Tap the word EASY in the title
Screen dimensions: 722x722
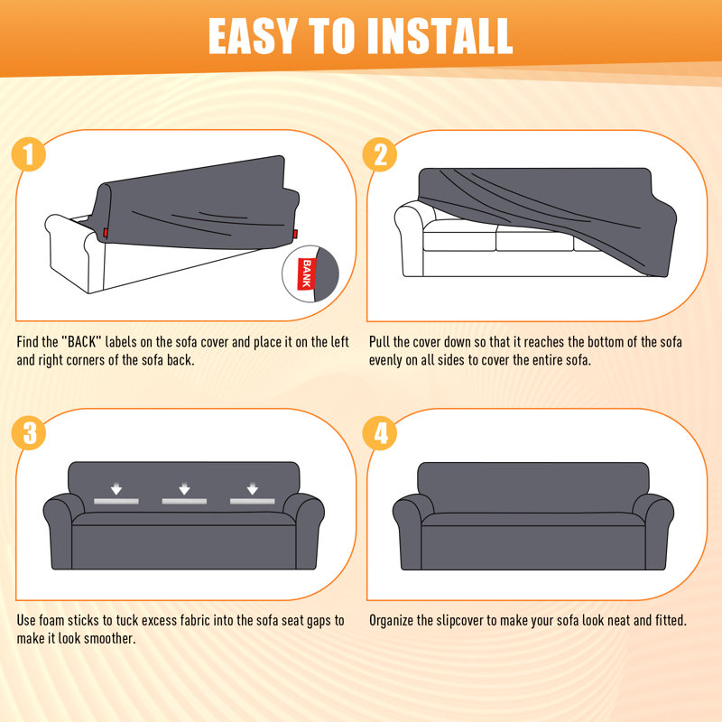252,36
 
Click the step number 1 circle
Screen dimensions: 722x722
29,154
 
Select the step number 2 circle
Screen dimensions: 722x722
379,154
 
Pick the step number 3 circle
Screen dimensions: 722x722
29,433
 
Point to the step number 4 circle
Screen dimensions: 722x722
379,433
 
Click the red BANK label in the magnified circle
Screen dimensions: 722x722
307,274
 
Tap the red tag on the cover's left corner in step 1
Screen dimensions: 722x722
106,233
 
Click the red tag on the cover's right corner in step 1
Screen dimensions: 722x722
295,234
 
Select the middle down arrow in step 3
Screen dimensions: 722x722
184,488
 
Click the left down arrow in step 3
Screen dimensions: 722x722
116,488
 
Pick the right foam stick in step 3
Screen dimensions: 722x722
253,501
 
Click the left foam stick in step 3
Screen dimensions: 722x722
116,501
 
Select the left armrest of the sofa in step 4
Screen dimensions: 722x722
412,530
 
